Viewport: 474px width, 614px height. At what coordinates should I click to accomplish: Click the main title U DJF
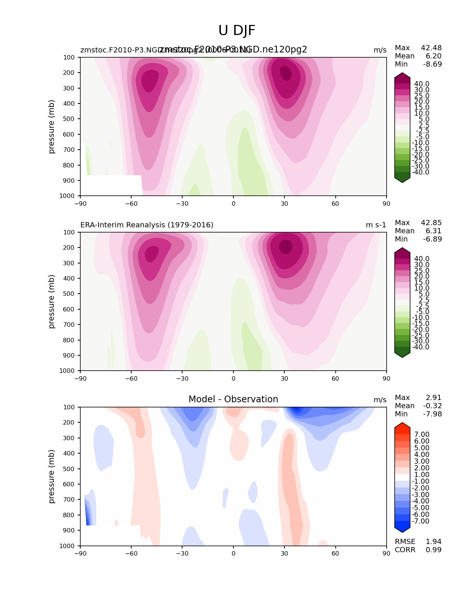click(237, 31)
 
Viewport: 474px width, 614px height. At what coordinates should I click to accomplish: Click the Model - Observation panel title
click(233, 399)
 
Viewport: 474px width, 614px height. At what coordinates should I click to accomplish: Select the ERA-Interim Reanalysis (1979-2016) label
click(147, 225)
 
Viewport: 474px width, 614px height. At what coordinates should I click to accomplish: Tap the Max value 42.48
click(431, 48)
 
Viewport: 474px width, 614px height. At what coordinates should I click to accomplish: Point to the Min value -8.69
click(432, 64)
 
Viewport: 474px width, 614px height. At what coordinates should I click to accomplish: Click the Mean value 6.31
click(433, 231)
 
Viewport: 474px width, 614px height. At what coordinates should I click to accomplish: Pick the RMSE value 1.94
click(433, 541)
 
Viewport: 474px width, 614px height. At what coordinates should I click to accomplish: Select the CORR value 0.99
click(433, 550)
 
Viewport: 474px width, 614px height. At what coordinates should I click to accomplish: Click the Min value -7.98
click(432, 414)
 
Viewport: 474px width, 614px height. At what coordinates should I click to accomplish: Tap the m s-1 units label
click(376, 225)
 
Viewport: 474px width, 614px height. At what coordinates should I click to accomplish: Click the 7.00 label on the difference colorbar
click(422, 435)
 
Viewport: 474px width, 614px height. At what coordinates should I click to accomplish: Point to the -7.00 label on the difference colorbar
click(420, 521)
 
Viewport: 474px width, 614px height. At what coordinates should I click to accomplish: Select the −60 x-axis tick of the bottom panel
click(131, 553)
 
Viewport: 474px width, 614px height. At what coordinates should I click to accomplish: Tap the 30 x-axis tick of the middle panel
click(284, 378)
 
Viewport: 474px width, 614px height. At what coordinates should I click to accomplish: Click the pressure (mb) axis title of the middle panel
click(52, 301)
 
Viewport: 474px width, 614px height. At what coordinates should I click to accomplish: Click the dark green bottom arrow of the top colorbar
click(402, 180)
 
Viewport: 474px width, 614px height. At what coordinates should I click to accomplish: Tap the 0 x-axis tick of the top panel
click(233, 204)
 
